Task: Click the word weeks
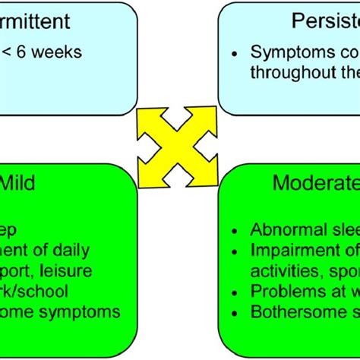pos(55,52)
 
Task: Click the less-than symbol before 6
pos(7,52)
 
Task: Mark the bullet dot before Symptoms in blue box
pos(237,52)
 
